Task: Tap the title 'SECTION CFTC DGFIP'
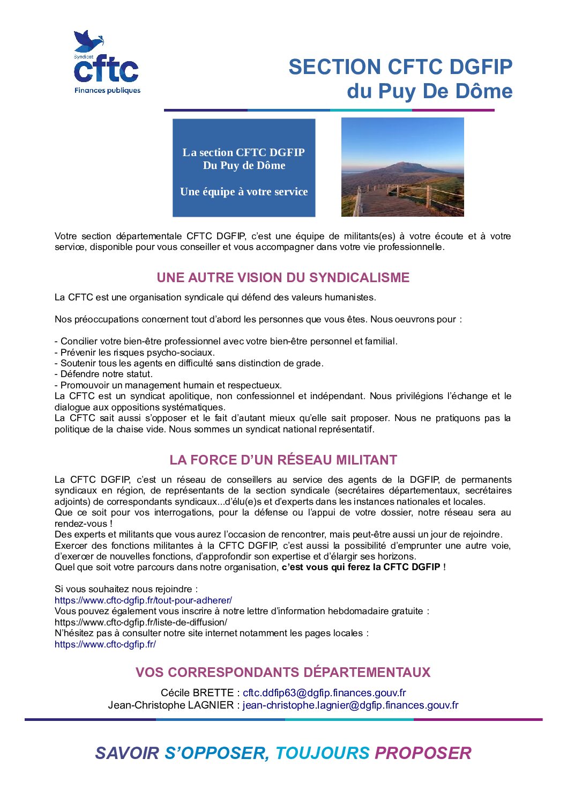pos(400,67)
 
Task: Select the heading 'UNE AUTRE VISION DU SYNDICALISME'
pos(283,277)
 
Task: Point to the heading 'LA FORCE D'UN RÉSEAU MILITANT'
pos(283,460)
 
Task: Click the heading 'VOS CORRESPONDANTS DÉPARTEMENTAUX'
pos(283,672)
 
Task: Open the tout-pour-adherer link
pos(143,600)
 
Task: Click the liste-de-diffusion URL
pos(141,622)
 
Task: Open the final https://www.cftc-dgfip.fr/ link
pos(105,644)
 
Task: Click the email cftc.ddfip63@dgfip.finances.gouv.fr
pos(324,693)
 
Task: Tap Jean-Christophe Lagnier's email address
pos(350,705)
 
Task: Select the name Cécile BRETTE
pos(197,693)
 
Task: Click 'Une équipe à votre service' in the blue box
pos(244,191)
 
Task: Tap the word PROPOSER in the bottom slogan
pos(423,753)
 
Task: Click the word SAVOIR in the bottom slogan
pos(127,753)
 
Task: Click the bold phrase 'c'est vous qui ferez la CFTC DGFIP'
pos(361,567)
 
